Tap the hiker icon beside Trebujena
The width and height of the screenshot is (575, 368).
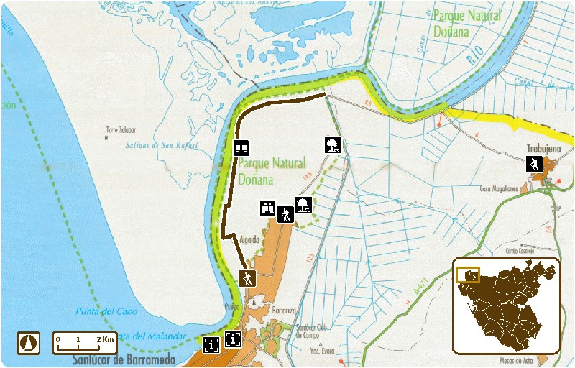[534, 164]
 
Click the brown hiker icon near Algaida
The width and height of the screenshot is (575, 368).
[247, 277]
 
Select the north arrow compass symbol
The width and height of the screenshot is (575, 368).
[29, 343]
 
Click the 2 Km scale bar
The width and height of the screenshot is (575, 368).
[85, 343]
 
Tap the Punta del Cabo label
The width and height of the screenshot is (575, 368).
[104, 311]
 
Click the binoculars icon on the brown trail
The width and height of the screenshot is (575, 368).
[241, 147]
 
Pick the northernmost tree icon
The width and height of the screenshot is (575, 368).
[332, 144]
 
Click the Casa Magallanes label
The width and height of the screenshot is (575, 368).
[499, 188]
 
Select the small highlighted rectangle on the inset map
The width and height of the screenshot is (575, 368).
[467, 275]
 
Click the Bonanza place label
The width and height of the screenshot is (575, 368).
[285, 310]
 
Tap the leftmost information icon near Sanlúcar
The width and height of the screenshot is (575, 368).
[211, 345]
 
